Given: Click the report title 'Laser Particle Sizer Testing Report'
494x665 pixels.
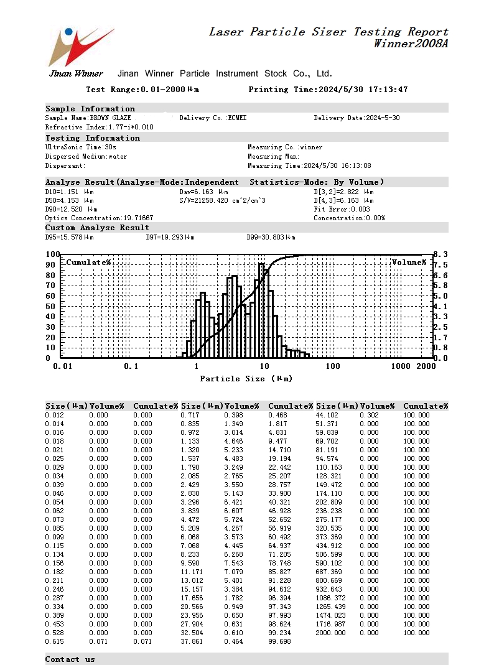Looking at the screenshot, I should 328,32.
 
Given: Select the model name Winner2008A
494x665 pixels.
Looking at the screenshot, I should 410,44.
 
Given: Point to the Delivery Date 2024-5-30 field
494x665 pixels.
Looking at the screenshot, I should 357,118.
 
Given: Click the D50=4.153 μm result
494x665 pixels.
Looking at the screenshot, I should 69,201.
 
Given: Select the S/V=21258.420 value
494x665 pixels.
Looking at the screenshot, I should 222,201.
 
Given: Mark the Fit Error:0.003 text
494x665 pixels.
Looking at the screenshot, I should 342,210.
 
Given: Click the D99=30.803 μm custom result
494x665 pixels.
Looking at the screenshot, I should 271,238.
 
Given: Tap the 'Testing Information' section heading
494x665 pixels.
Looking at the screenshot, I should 93,138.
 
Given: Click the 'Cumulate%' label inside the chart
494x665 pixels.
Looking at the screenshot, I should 88,263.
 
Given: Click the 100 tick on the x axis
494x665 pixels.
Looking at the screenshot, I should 333,366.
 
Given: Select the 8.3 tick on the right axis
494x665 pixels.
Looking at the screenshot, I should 441,254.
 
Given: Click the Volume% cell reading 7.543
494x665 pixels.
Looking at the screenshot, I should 234,563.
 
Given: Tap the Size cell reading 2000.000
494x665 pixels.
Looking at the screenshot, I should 331,633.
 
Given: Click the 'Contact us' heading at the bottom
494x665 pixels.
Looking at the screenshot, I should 70,659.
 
